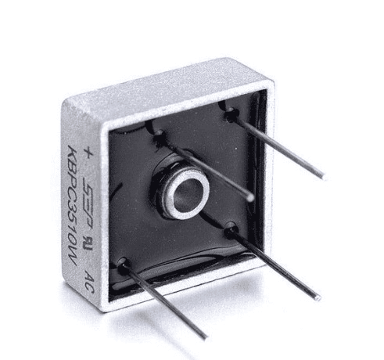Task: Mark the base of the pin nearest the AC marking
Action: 123,265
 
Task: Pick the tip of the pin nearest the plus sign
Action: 251,197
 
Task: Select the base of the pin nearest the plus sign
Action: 160,139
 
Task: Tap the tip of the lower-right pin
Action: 318,297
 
